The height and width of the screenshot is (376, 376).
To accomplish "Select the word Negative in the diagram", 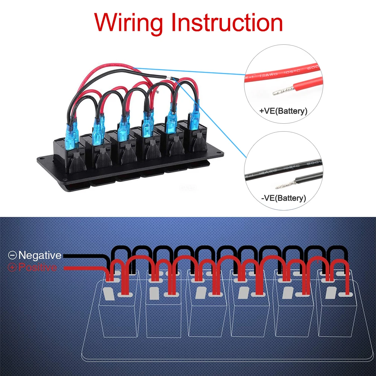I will [40, 256].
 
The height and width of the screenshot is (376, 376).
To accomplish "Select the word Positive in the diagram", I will [38, 268].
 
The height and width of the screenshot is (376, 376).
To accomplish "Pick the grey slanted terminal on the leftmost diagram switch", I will [108, 294].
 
